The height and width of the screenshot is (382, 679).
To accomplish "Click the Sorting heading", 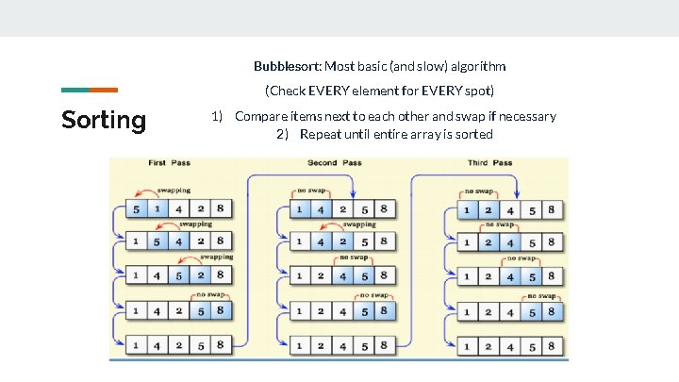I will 104,120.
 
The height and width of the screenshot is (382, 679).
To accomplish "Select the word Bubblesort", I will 287,66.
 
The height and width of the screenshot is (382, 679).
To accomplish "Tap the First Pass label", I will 169,163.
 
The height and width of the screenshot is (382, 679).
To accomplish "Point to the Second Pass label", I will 334,163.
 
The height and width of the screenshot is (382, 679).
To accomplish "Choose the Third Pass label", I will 490,163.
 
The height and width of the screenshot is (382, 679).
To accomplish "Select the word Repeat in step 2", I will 321,134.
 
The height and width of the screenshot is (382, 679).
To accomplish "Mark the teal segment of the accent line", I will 75,91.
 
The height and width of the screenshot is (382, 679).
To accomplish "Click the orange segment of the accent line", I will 104,91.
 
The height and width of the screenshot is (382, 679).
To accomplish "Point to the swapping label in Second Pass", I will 359,224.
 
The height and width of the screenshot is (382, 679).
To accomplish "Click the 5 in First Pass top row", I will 137,208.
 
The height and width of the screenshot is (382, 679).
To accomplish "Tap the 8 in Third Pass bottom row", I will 552,345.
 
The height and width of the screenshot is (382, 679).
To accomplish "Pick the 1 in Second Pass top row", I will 300,208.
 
